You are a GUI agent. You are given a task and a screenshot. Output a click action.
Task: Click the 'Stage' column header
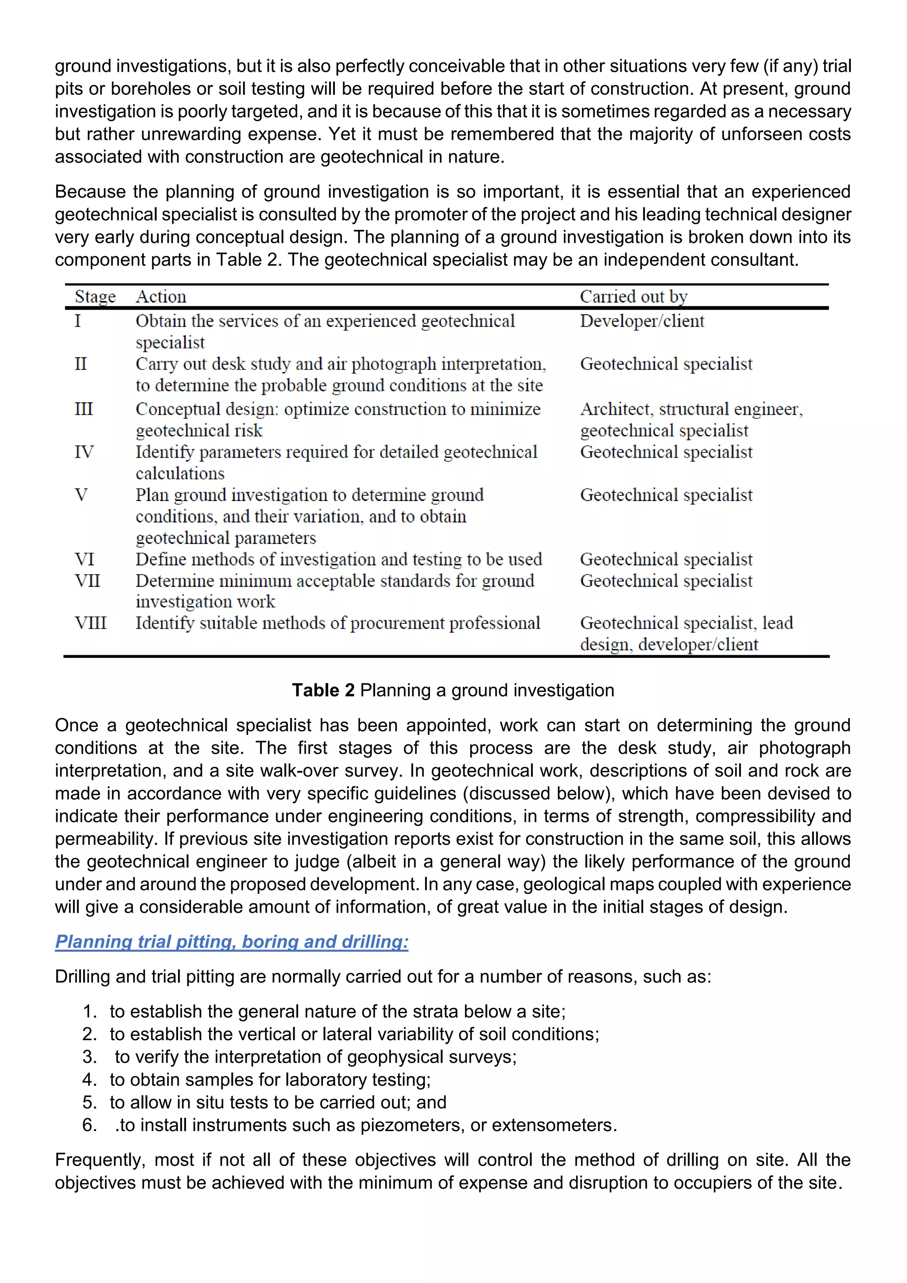[95, 297]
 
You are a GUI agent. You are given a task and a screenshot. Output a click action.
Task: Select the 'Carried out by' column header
[633, 297]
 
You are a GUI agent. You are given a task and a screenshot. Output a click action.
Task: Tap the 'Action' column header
[161, 297]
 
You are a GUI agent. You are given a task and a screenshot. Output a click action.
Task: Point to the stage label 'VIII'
[90, 623]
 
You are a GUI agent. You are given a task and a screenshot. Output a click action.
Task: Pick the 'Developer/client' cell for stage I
[642, 321]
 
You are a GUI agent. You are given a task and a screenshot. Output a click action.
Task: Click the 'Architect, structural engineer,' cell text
[691, 410]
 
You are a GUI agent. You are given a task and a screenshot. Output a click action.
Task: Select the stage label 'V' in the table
[81, 495]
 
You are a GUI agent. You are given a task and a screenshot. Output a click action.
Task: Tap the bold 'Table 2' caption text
[323, 691]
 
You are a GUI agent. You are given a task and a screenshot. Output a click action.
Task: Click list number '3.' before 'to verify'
[89, 1057]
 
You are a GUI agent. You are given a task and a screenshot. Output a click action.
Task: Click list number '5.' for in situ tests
[89, 1103]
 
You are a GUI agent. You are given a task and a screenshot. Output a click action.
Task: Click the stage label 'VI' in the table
[84, 560]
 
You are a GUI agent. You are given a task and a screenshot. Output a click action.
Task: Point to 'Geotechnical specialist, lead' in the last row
[686, 623]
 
